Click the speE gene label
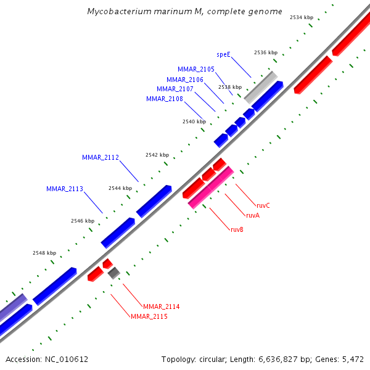(223, 54)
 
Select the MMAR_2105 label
(196, 69)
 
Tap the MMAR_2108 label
(165, 99)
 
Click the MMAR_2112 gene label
(101, 157)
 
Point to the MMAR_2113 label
(65, 189)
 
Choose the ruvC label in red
(263, 205)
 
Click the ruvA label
(252, 215)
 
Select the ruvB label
(237, 229)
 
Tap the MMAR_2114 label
(161, 306)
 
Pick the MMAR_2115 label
(149, 316)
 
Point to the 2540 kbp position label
(194, 121)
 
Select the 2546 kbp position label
(83, 220)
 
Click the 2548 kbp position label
(44, 253)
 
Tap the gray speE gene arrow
(260, 87)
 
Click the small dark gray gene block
(113, 273)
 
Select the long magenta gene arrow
(211, 187)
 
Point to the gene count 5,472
(352, 359)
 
